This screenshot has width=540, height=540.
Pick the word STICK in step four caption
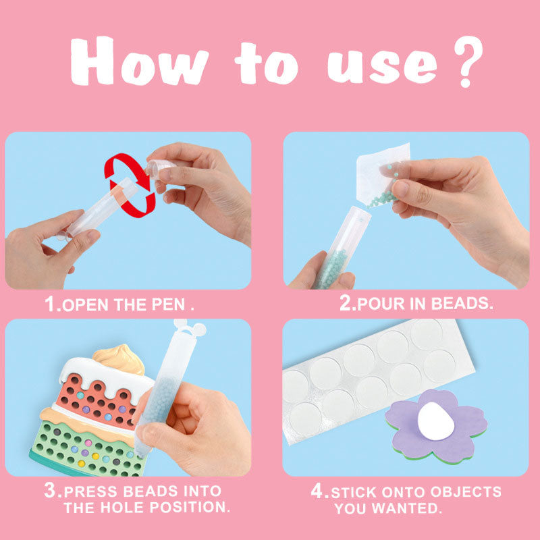tap(356, 491)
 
